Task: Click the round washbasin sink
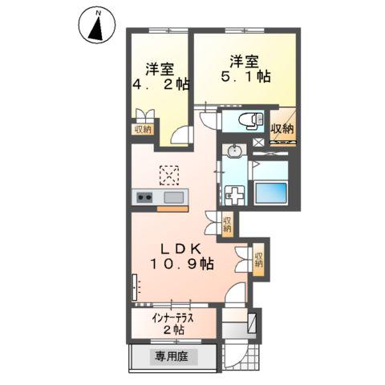click(235, 152)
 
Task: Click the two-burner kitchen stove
click(145, 197)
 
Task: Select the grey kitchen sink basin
click(173, 197)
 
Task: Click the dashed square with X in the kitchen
click(169, 173)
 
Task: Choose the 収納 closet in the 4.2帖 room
click(142, 128)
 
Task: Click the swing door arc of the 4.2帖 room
click(183, 134)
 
